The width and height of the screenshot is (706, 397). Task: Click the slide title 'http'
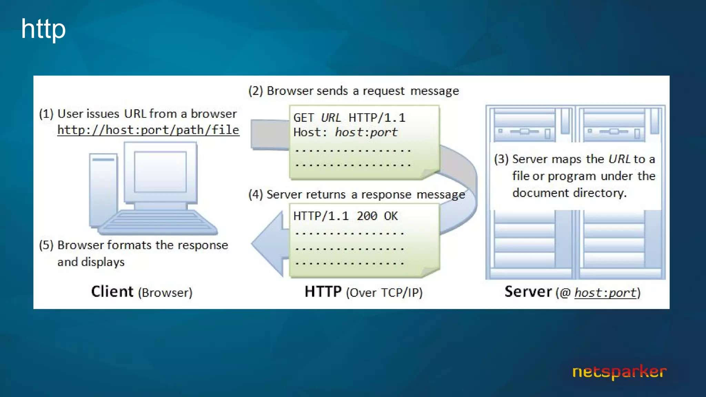[43, 29]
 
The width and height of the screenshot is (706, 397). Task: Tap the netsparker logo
[619, 372]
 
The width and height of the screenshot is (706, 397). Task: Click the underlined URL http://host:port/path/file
[148, 130]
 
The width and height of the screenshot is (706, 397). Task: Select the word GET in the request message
[304, 118]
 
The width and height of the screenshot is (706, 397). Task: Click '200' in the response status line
[367, 216]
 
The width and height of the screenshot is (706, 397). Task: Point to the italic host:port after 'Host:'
[366, 132]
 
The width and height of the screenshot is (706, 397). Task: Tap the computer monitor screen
[160, 172]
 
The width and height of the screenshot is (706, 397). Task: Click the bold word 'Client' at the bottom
[112, 292]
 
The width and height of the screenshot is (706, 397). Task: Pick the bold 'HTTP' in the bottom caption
[323, 292]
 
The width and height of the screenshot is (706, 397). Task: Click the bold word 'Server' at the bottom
[528, 292]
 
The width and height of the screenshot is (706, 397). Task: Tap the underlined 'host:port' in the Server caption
[605, 293]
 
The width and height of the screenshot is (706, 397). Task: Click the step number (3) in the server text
[501, 159]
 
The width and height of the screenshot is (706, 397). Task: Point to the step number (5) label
[46, 245]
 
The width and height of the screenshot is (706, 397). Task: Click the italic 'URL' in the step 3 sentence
[619, 159]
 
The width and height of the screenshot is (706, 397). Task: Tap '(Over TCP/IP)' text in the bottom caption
[384, 293]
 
